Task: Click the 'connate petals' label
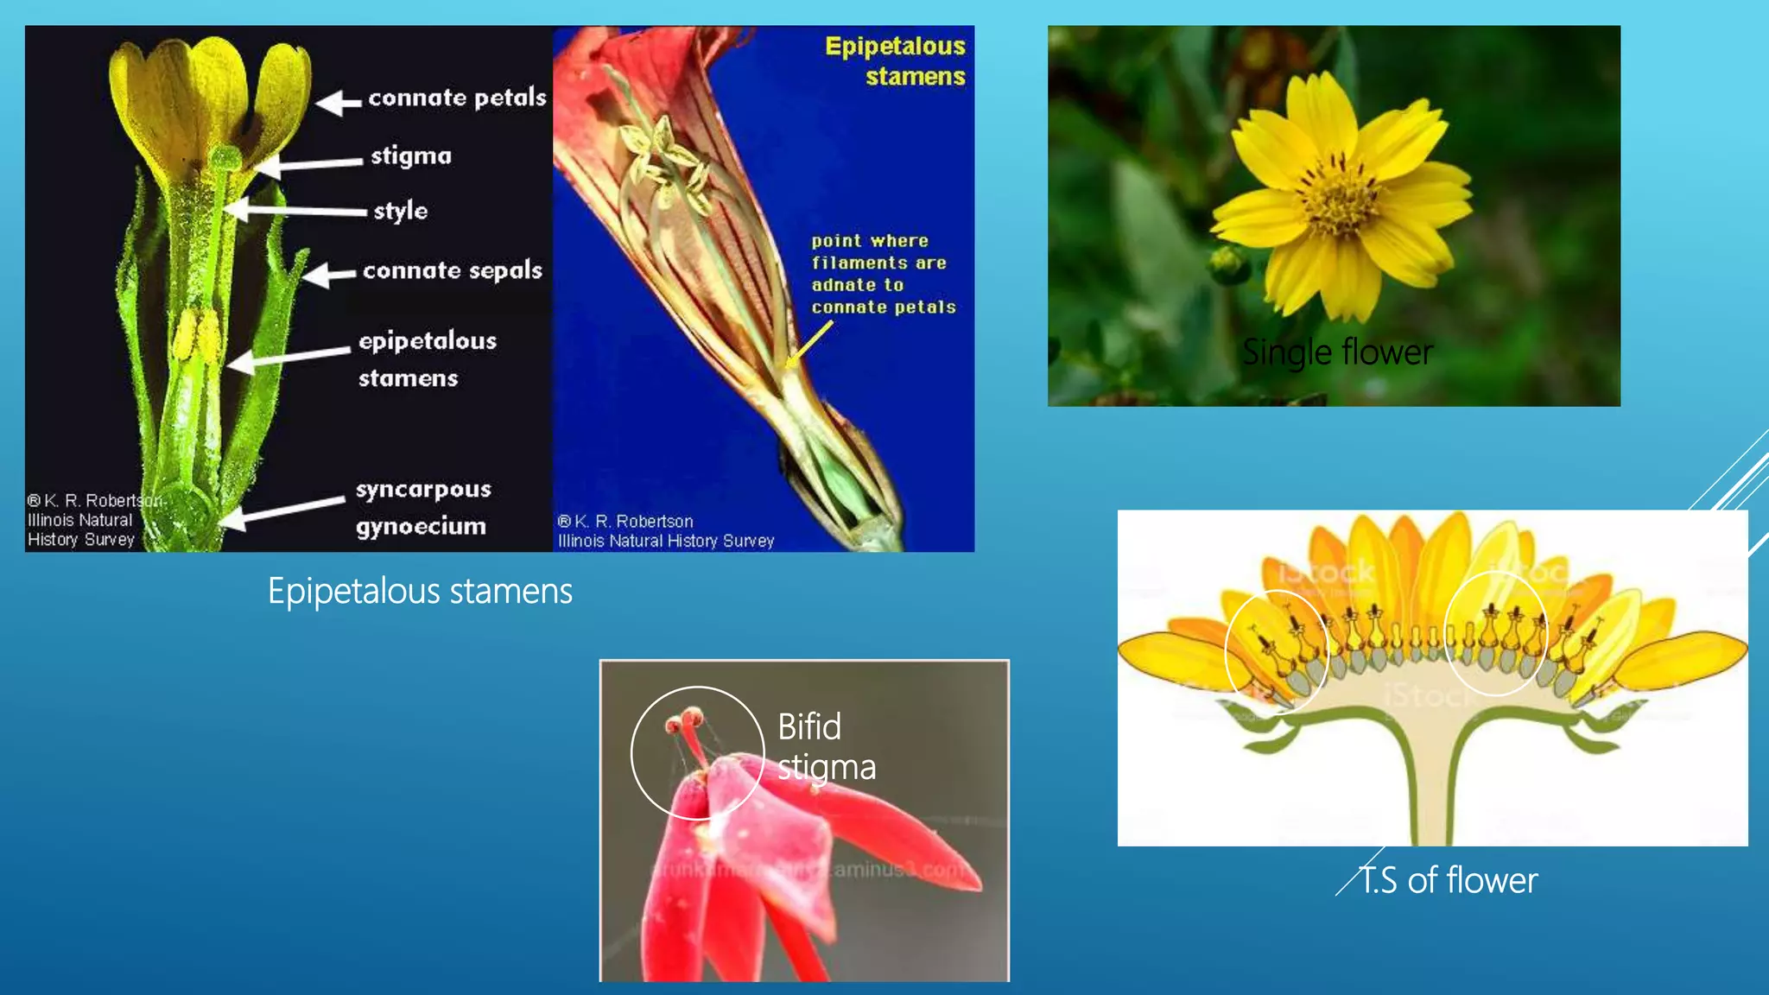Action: coord(457,98)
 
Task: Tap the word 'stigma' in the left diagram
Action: coord(411,155)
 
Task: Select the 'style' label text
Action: coord(401,211)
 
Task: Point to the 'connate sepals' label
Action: coord(453,270)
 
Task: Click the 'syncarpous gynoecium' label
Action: coord(422,507)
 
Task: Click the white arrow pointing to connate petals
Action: coord(338,103)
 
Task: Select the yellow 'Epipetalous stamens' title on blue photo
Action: coord(896,60)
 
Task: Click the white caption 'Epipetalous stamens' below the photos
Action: coord(420,592)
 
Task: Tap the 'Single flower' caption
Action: coord(1337,352)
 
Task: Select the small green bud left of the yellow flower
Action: coord(1227,261)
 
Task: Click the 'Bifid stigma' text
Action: coord(825,746)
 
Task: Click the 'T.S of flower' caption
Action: coord(1449,881)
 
